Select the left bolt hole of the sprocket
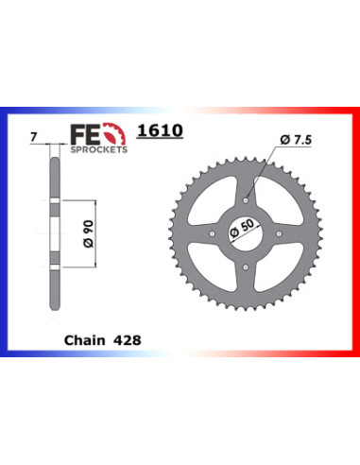214,232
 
